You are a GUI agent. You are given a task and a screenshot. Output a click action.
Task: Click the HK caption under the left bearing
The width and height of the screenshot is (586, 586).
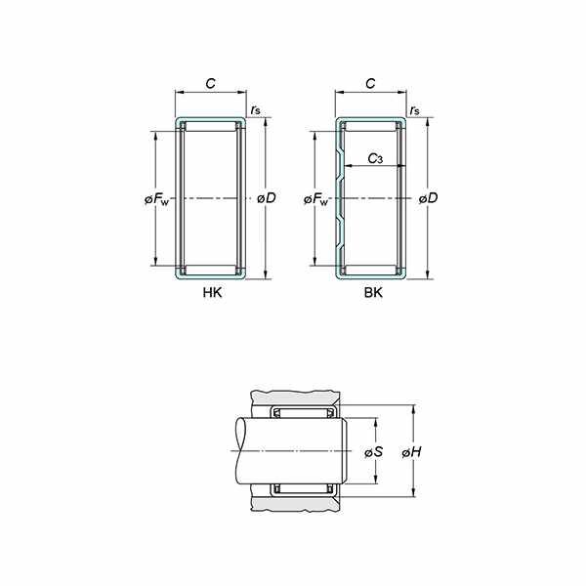[212, 292]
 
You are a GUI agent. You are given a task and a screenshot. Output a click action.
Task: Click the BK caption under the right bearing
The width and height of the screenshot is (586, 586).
[373, 292]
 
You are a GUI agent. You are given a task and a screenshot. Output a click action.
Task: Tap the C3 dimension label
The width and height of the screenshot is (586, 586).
[375, 159]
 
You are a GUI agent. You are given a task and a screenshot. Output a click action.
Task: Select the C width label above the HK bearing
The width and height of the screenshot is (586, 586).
[211, 83]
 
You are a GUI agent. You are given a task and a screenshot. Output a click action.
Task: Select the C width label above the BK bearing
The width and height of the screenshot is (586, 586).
[370, 83]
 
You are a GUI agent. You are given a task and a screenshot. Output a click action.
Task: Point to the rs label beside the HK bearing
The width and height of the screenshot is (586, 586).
[256, 110]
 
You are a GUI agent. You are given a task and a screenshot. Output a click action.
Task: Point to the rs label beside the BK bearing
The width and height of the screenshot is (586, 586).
[414, 110]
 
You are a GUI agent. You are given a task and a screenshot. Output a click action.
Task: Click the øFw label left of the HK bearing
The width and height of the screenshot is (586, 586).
[156, 199]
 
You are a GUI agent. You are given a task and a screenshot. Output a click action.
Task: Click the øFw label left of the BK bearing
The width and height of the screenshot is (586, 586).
[316, 199]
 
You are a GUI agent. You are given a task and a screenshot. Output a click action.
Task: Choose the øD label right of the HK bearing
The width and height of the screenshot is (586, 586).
[267, 198]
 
